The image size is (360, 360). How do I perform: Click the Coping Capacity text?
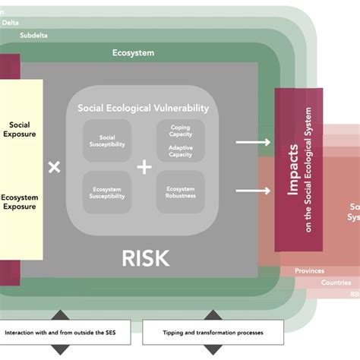tap(180, 131)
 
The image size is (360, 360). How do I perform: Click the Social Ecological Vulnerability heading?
tap(143, 108)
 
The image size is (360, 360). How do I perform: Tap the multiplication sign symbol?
tap(54, 167)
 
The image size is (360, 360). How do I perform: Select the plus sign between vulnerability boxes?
tap(144, 167)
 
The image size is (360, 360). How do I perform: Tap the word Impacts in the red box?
tap(292, 170)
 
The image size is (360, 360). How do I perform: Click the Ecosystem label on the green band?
tap(134, 53)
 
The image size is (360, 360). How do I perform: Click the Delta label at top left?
tap(11, 23)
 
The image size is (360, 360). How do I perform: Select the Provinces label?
tap(309, 271)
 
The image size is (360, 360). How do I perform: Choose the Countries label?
tap(335, 283)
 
